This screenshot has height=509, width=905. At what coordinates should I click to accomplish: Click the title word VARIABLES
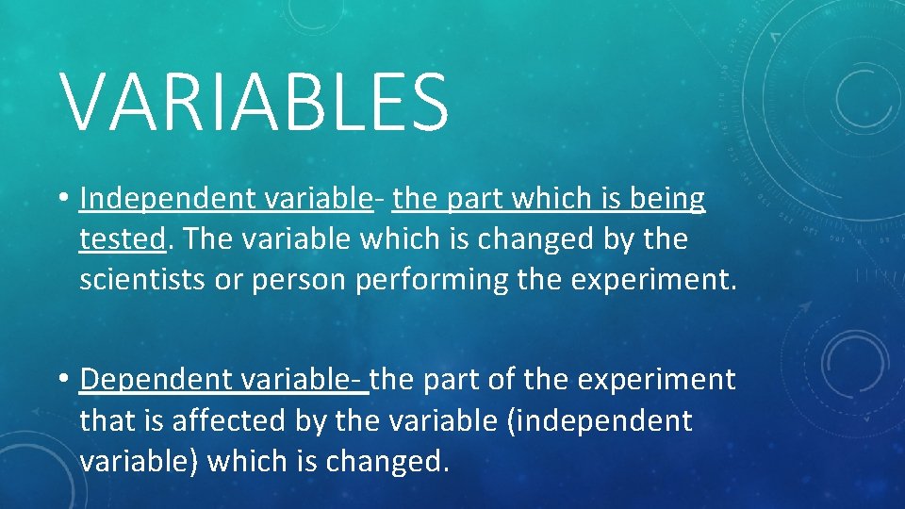pos(255,101)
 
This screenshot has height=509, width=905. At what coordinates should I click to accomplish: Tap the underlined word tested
pos(123,239)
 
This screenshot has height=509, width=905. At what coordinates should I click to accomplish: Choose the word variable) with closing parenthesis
pos(140,461)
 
